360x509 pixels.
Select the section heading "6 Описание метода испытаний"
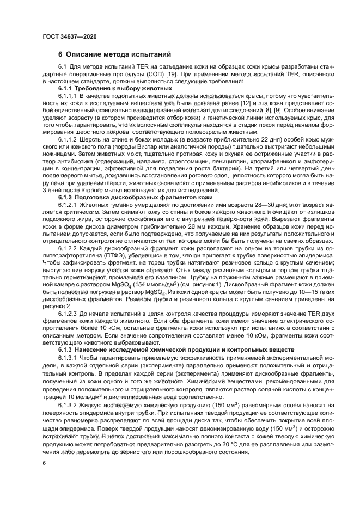point(115,54)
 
